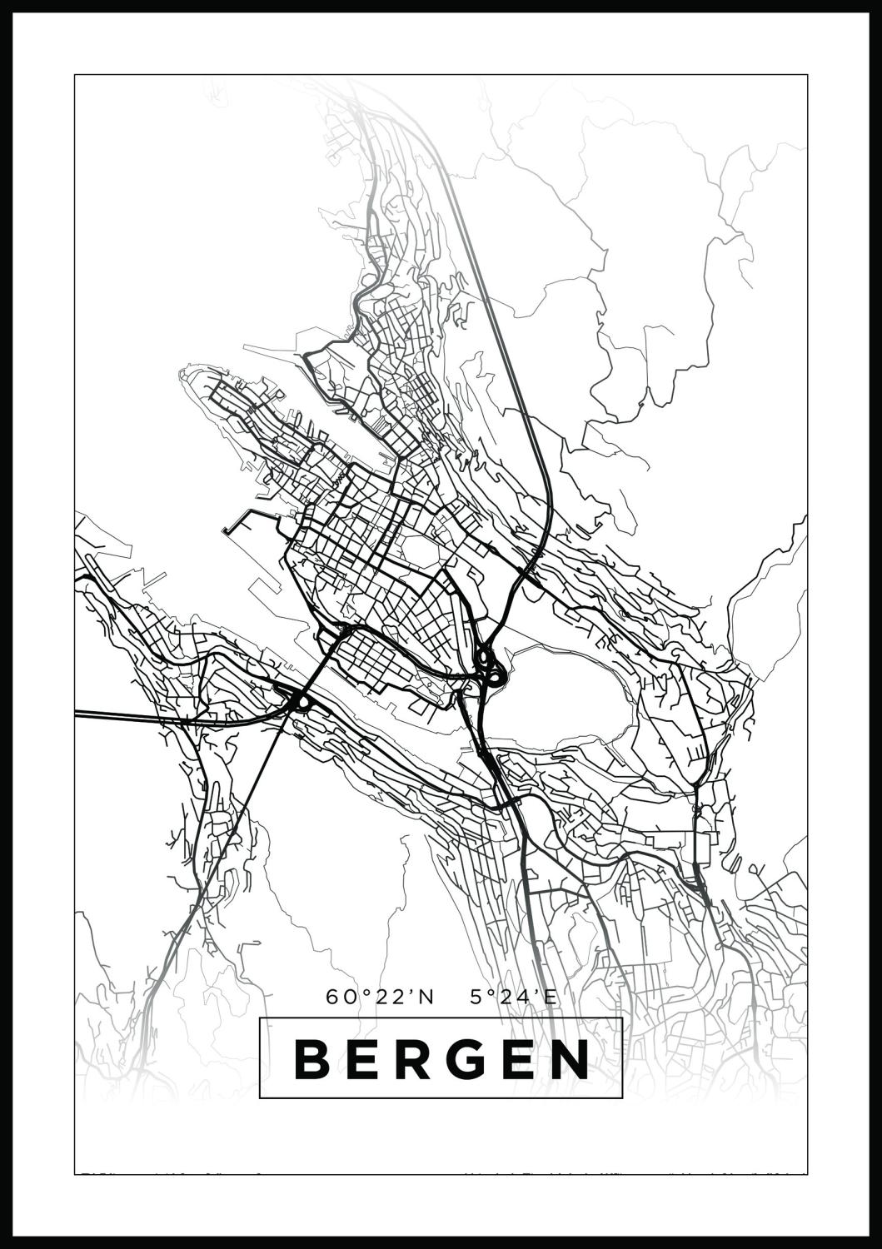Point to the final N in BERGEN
[571, 1058]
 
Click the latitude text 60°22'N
[381, 997]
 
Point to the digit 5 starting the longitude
[476, 997]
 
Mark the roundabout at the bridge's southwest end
[300, 703]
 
